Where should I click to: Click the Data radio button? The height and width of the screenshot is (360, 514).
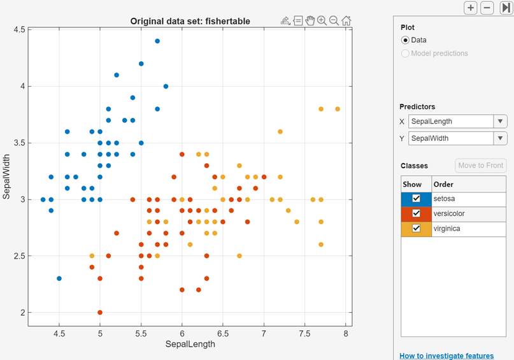[x=405, y=40]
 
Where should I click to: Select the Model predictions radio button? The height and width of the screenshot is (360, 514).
[x=405, y=54]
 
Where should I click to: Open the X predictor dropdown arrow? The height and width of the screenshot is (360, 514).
[x=501, y=122]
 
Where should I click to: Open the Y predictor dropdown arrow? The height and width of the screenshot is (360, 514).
[x=501, y=138]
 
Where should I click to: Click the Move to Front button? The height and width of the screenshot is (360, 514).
[x=481, y=166]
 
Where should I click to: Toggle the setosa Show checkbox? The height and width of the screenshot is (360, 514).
[x=416, y=199]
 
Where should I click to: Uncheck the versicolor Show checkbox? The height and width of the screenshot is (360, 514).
[x=416, y=213]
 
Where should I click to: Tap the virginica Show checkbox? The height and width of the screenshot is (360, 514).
[x=416, y=229]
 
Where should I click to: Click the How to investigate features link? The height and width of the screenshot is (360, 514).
[x=446, y=356]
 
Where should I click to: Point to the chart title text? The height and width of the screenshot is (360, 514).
[x=190, y=21]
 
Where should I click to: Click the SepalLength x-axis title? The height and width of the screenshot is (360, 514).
[x=190, y=344]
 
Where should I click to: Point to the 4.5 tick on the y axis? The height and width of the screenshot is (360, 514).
[x=18, y=30]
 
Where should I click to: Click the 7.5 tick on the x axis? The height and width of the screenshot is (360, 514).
[x=305, y=333]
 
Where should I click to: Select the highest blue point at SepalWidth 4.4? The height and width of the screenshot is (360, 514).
[x=157, y=41]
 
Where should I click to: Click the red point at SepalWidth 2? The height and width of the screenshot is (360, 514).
[x=100, y=313]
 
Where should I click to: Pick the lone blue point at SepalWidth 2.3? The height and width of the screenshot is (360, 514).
[x=59, y=278]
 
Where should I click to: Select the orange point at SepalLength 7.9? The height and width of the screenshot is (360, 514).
[x=338, y=109]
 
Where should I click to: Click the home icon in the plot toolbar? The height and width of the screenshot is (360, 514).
[x=346, y=20]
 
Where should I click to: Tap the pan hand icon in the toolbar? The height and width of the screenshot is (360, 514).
[x=310, y=20]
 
